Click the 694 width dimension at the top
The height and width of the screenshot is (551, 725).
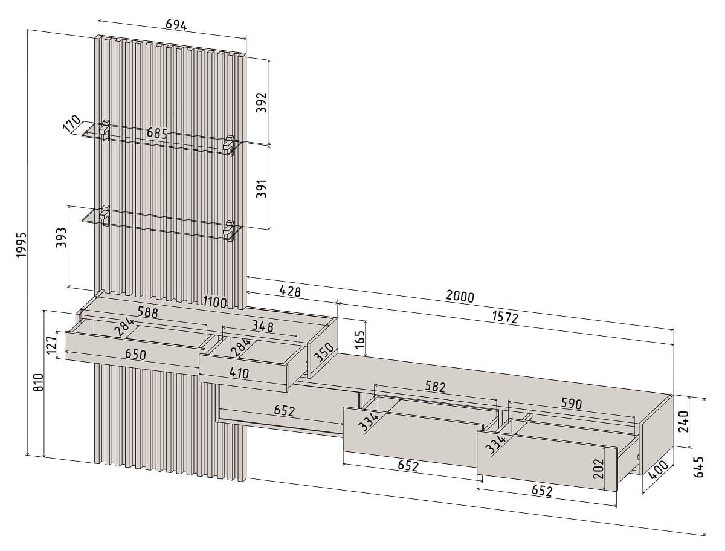pyautogui.click(x=176, y=25)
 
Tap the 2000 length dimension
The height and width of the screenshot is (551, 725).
pyautogui.click(x=460, y=296)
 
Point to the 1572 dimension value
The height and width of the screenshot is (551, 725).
pyautogui.click(x=505, y=317)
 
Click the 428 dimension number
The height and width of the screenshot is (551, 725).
pyautogui.click(x=290, y=291)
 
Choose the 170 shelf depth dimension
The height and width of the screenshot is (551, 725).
pyautogui.click(x=72, y=124)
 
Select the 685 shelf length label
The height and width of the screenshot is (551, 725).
pyautogui.click(x=157, y=133)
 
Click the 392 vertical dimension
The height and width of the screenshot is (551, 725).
pyautogui.click(x=261, y=102)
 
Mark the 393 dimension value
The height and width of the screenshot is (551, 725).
pyautogui.click(x=62, y=237)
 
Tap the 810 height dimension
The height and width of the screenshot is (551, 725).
pyautogui.click(x=39, y=382)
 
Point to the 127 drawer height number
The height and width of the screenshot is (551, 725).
pyautogui.click(x=51, y=346)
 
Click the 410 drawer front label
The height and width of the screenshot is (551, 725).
pyautogui.click(x=239, y=373)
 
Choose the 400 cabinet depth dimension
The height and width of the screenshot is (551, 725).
pyautogui.click(x=659, y=470)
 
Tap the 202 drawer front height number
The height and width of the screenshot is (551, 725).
pyautogui.click(x=598, y=469)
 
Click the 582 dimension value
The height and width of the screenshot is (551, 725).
pyautogui.click(x=435, y=387)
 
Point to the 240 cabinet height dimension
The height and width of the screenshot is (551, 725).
pyautogui.click(x=683, y=422)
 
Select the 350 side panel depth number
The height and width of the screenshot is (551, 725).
pyautogui.click(x=324, y=353)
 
